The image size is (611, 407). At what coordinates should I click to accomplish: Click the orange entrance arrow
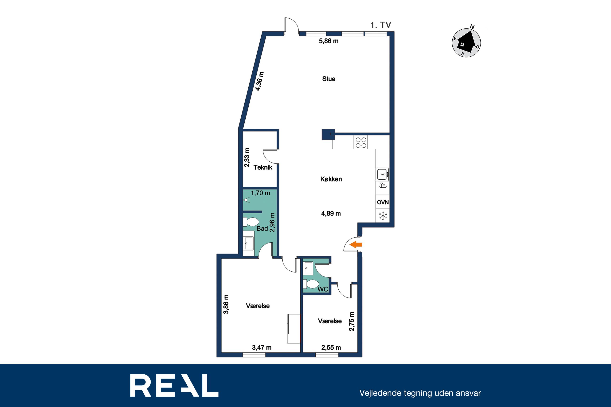(x=356, y=244)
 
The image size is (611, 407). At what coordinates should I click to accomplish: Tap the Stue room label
(x=329, y=79)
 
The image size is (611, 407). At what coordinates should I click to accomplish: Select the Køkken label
(x=331, y=179)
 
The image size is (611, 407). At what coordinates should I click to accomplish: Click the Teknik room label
(x=263, y=167)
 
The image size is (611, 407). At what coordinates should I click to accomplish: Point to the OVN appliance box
(x=383, y=202)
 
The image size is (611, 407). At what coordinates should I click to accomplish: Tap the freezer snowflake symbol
(x=383, y=216)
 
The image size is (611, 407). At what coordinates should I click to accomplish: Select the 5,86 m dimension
(x=329, y=41)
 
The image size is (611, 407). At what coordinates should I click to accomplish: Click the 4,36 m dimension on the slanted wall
(x=259, y=81)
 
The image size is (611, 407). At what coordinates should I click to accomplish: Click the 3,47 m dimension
(x=262, y=348)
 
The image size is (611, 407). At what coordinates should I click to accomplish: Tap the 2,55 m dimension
(x=331, y=348)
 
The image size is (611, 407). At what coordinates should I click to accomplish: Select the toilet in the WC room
(x=311, y=284)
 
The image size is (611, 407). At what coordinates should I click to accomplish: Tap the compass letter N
(x=472, y=27)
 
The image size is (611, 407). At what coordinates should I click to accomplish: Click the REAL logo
(x=174, y=385)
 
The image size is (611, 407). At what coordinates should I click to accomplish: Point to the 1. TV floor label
(x=380, y=25)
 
